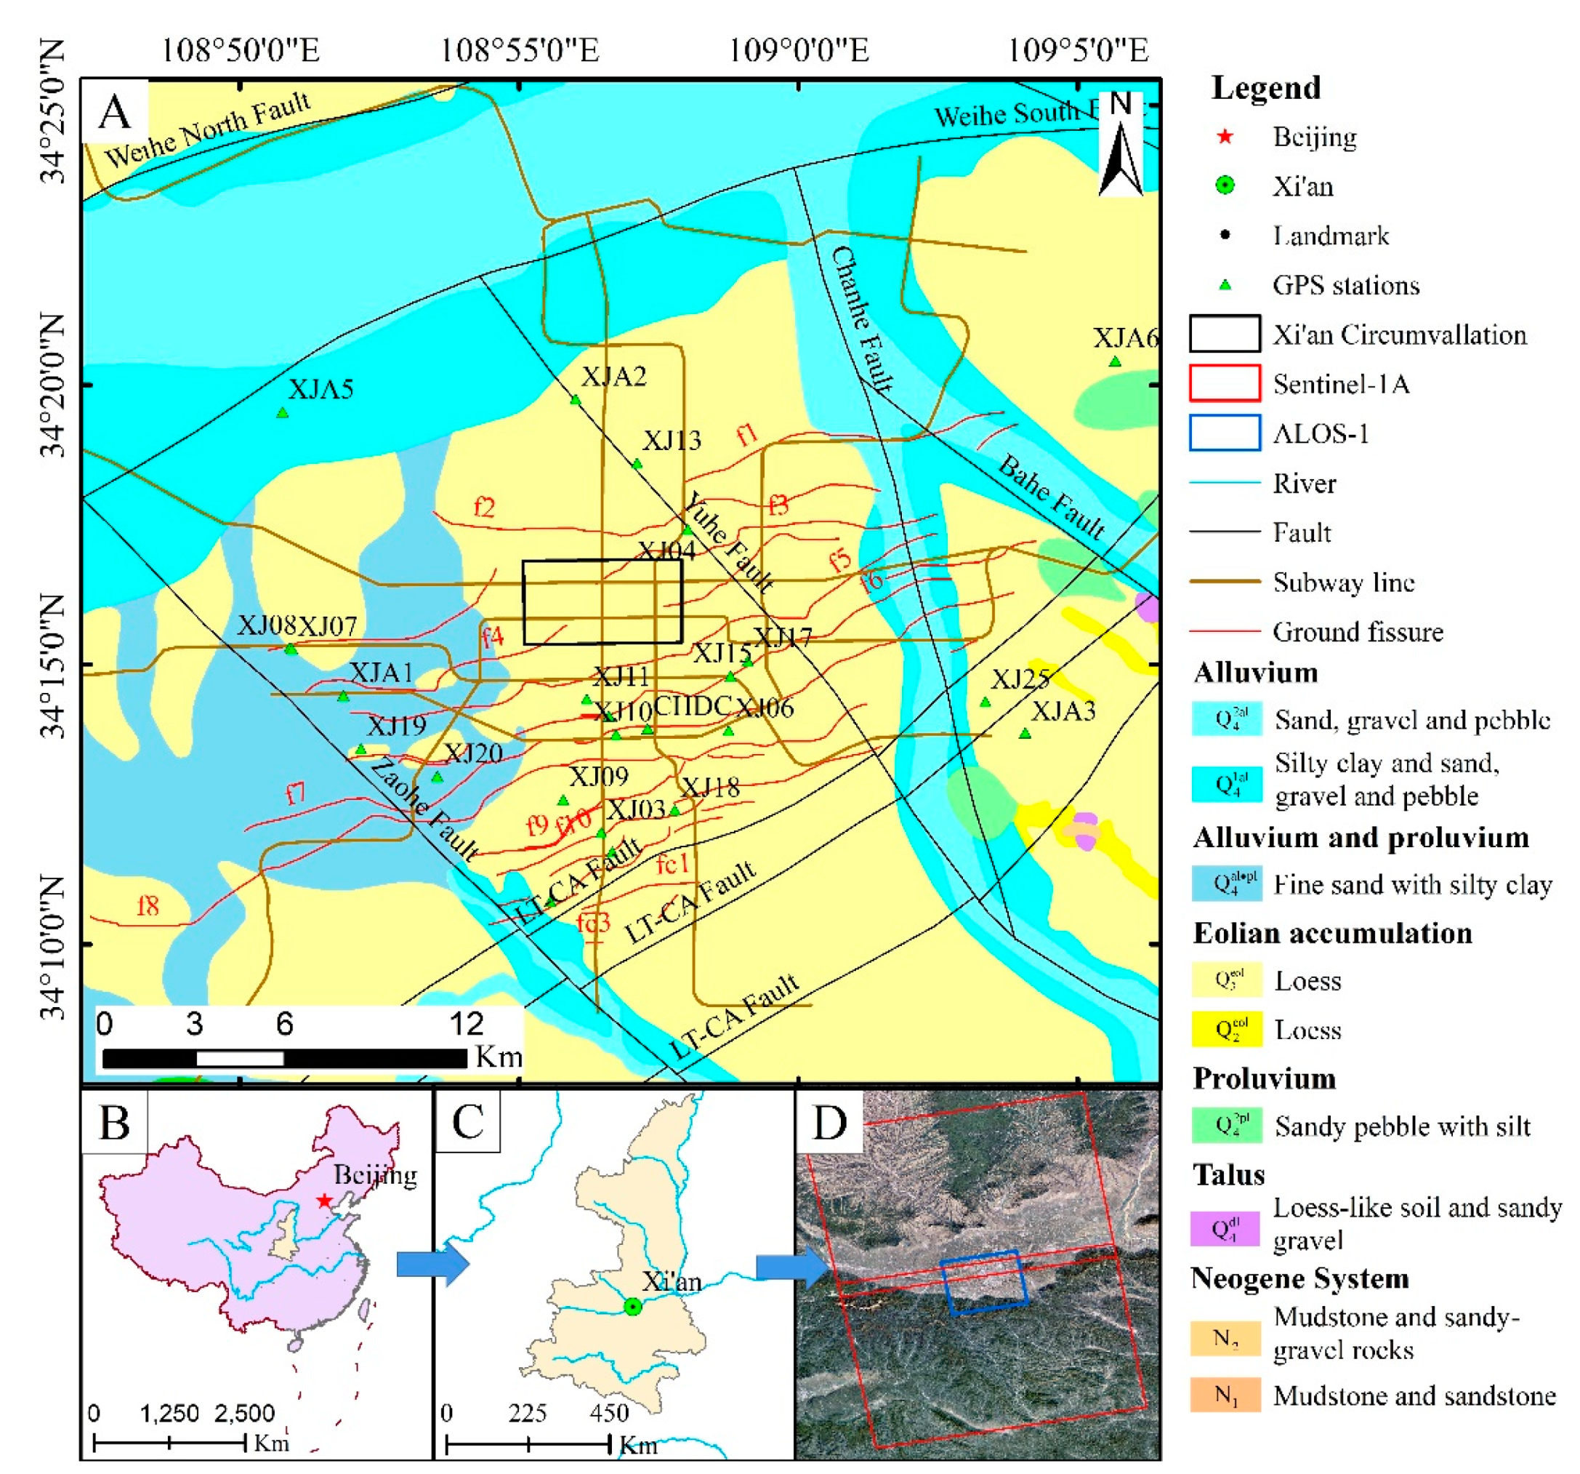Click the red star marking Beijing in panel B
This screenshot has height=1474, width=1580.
point(323,1200)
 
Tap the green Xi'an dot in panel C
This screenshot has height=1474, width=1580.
point(632,1306)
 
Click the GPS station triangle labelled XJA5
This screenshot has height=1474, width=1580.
point(282,412)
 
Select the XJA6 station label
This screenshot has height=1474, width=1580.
point(1124,339)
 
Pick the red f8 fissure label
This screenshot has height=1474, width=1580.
point(148,905)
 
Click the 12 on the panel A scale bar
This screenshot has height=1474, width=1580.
point(467,1024)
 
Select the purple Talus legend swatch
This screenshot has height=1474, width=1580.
point(1225,1228)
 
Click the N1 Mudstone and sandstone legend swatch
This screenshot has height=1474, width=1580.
point(1225,1395)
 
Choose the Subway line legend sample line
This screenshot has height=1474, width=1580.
point(1225,581)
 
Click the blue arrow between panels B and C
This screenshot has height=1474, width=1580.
point(433,1263)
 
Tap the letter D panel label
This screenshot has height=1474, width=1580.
point(829,1122)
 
